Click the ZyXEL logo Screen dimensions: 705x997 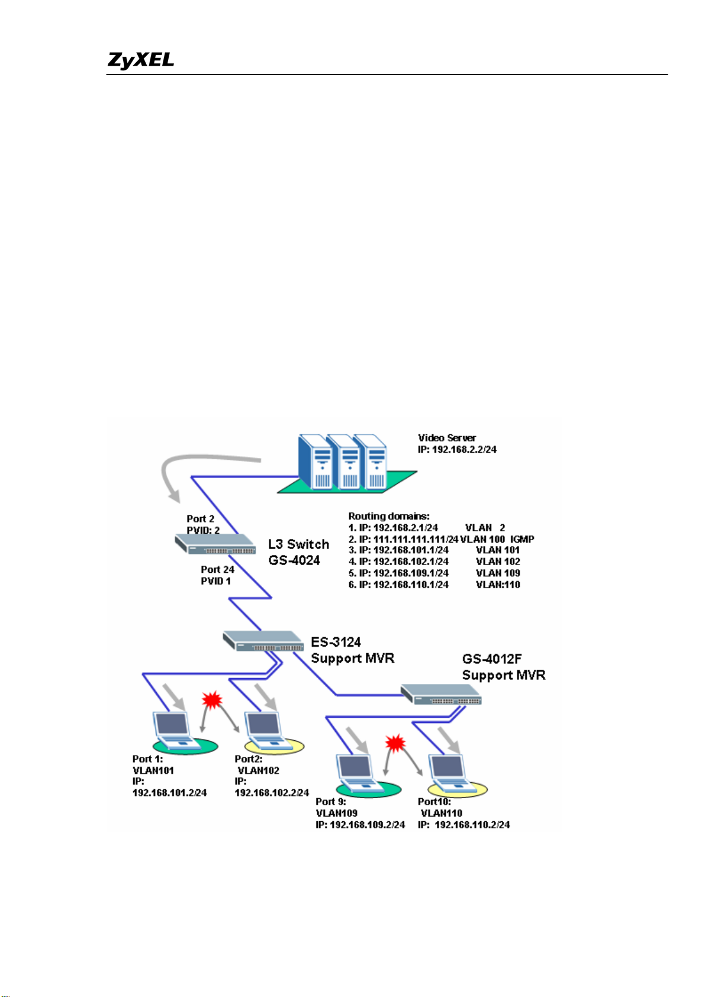coord(140,60)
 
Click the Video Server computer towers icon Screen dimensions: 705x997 coord(342,463)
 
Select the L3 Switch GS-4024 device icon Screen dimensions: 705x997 coord(215,544)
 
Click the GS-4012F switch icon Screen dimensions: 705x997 coord(441,694)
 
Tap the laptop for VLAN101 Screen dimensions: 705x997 coord(176,730)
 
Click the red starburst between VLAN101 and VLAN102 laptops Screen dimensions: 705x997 coord(212,700)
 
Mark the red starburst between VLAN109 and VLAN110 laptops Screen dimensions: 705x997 coord(395,743)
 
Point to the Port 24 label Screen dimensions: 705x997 coord(217,569)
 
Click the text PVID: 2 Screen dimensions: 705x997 coord(203,530)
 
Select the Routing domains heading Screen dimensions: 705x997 coord(389,516)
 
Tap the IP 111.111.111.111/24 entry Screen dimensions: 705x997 coord(408,539)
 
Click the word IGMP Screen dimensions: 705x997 coord(522,539)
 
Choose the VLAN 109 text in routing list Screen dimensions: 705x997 coord(498,573)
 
